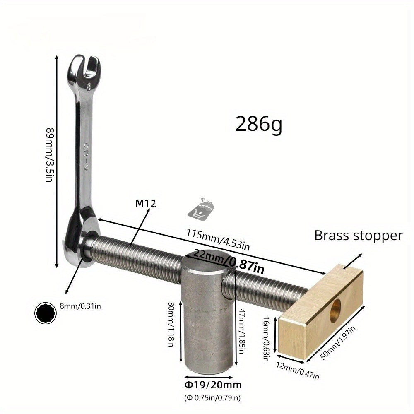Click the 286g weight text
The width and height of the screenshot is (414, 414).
coord(258,124)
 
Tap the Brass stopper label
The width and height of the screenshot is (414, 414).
coord(359,236)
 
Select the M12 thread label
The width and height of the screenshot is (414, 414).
coord(145,203)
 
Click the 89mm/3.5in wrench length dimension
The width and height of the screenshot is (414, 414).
coord(50,155)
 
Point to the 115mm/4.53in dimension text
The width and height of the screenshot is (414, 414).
coord(218,239)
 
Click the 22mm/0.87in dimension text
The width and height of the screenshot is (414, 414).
coord(229,261)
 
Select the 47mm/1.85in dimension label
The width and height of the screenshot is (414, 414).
coord(241,331)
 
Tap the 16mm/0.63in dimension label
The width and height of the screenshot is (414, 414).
coord(266,339)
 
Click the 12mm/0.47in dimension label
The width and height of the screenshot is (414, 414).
coord(298,371)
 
